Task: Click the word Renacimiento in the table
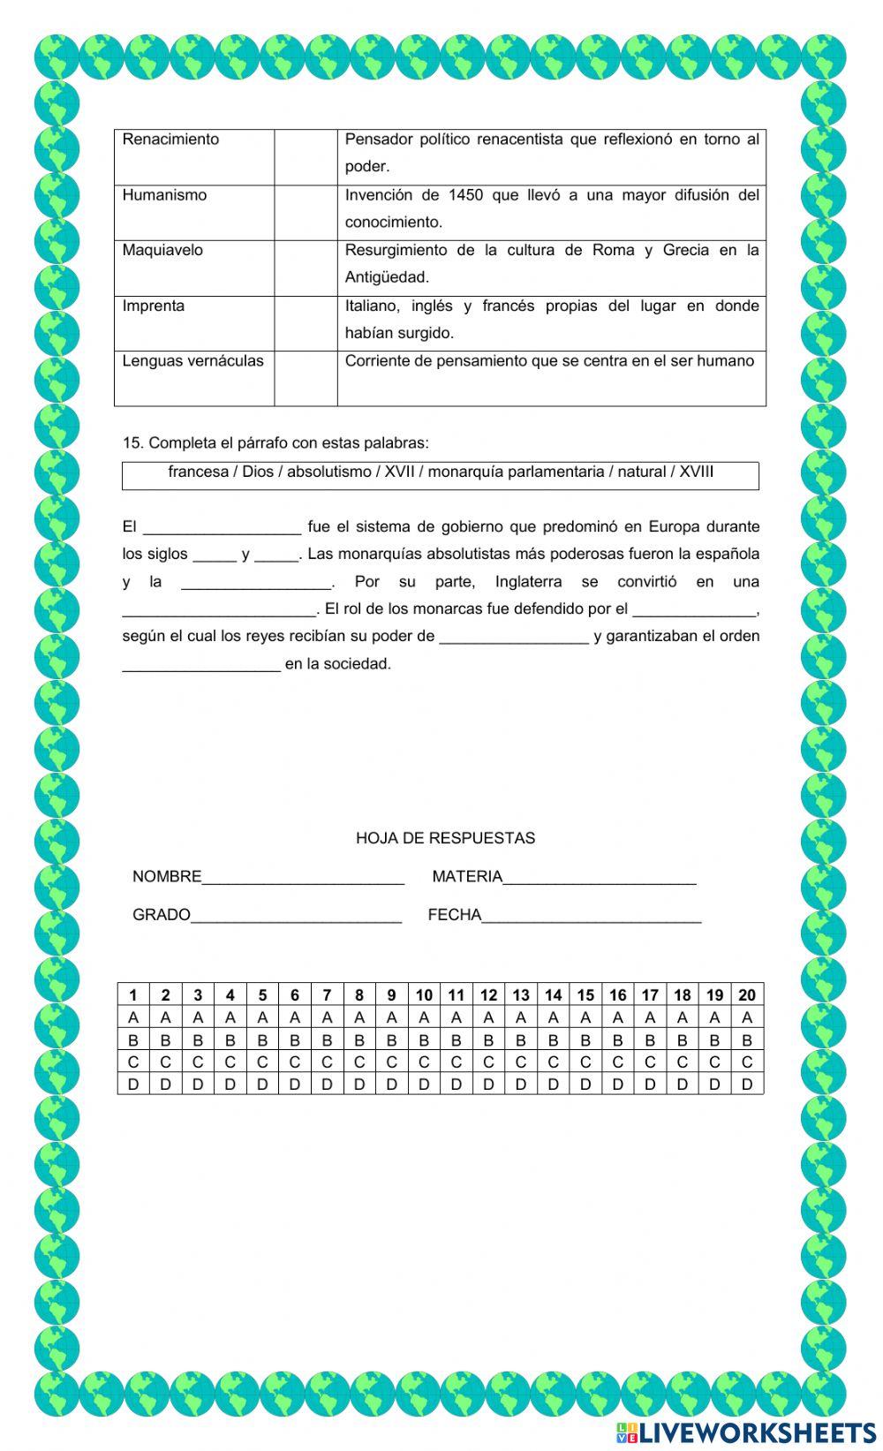click(170, 140)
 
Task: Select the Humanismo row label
click(164, 195)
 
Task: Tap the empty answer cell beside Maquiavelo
click(306, 268)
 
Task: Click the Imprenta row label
click(154, 306)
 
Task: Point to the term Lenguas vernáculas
click(192, 360)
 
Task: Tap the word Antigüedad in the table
click(387, 277)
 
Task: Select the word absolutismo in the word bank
click(328, 472)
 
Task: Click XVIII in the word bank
click(696, 472)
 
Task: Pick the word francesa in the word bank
click(198, 472)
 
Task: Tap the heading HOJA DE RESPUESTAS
click(445, 838)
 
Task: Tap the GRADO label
click(161, 915)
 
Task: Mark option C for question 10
click(424, 1062)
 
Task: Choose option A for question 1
click(133, 1017)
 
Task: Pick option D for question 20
click(747, 1084)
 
